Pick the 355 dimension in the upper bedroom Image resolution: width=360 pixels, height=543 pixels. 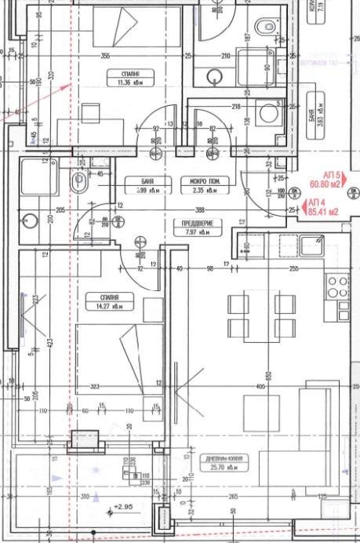pyautogui.click(x=104, y=56)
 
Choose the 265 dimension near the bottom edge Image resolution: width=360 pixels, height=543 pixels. pyautogui.click(x=232, y=497)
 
